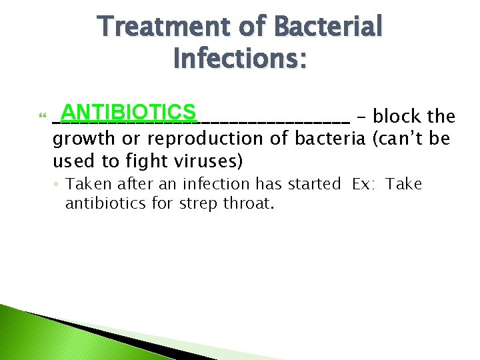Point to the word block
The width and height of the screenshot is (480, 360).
click(x=398, y=117)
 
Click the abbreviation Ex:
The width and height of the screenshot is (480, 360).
click(x=365, y=184)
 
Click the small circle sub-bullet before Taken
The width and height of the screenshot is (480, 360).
click(x=58, y=185)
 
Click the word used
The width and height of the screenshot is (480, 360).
click(x=69, y=161)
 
